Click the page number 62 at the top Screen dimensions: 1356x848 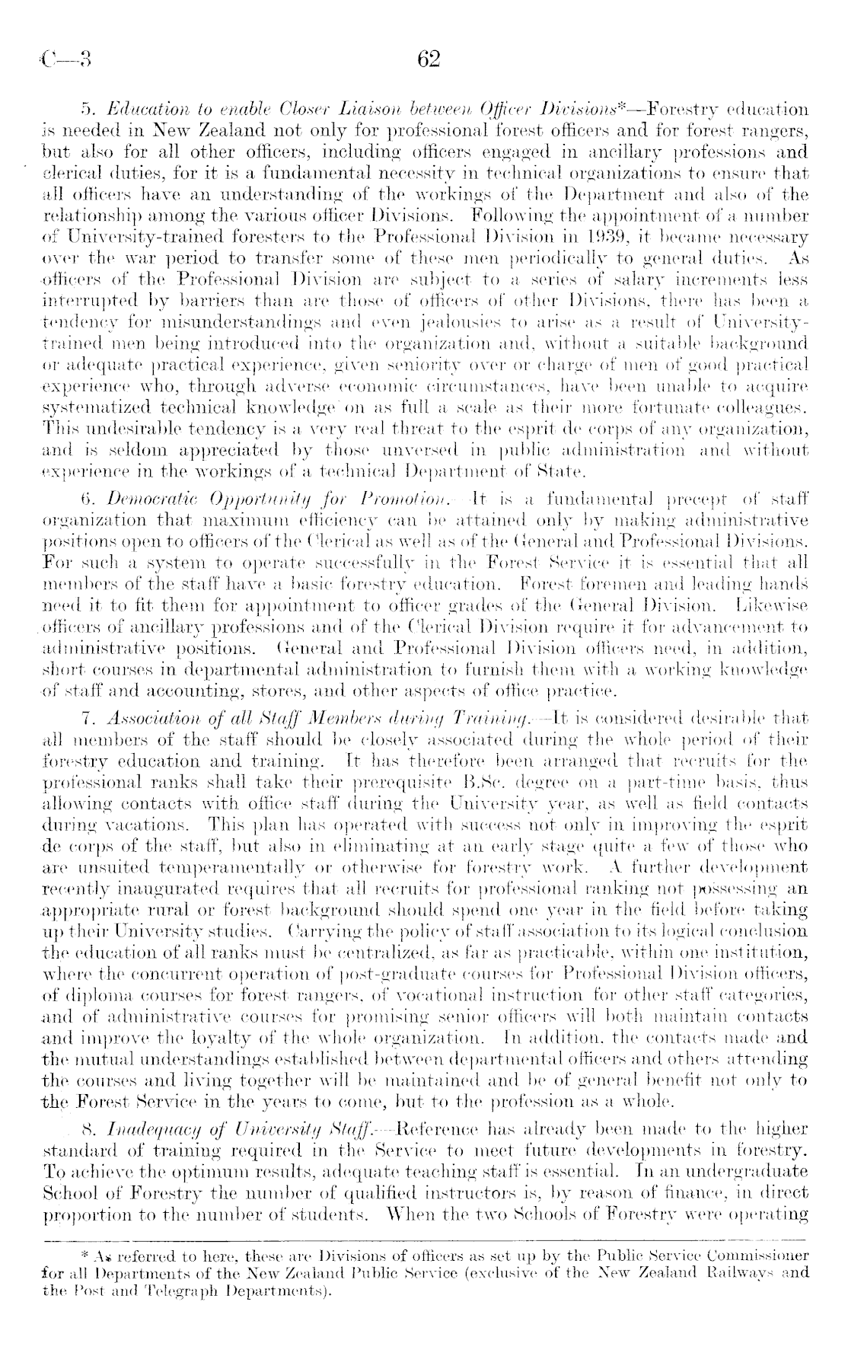tap(429, 59)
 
